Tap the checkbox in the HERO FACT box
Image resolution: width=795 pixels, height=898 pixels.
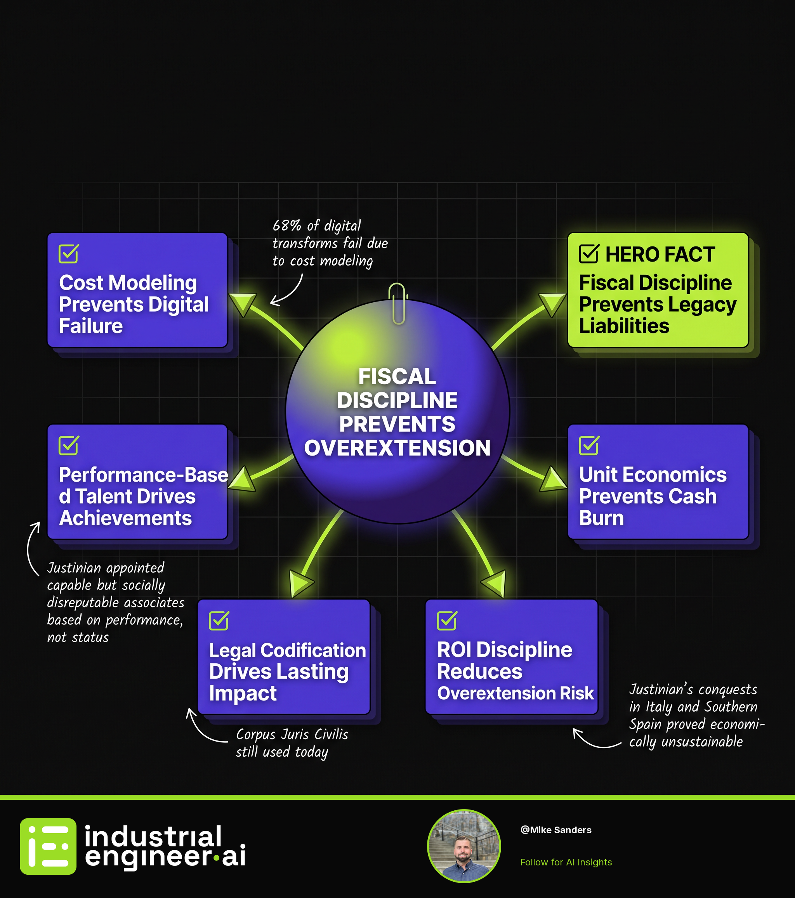[589, 253]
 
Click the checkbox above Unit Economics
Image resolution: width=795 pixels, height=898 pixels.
[589, 445]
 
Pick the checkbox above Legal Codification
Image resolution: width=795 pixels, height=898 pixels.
[219, 621]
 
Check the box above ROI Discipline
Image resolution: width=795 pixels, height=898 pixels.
[447, 621]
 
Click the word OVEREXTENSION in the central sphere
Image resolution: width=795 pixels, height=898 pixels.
[397, 448]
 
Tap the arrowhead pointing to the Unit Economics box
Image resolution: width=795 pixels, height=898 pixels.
[553, 479]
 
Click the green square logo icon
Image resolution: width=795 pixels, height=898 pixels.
[48, 846]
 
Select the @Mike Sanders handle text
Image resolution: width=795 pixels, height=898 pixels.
[556, 830]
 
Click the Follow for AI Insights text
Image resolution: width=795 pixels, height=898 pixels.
[566, 862]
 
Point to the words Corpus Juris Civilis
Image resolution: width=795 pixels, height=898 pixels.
[292, 734]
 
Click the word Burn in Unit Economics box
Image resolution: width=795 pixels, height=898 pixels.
[601, 518]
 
